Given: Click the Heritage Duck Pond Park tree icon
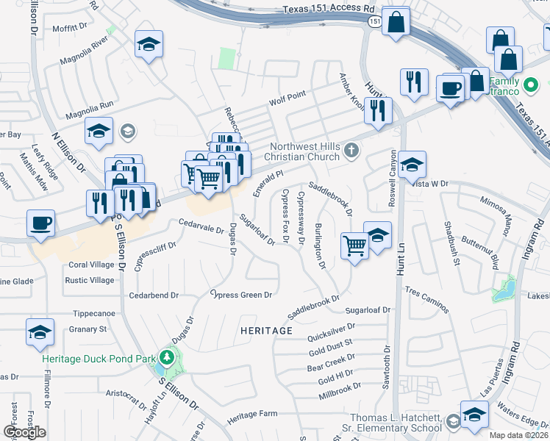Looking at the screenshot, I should click(x=168, y=358).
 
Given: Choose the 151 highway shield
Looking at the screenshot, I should click(x=374, y=22).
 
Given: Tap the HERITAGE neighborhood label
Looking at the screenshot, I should click(x=266, y=331).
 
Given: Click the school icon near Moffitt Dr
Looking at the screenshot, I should click(x=149, y=46).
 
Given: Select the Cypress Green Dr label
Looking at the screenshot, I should click(x=241, y=295).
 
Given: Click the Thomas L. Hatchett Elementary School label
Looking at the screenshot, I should click(x=396, y=422).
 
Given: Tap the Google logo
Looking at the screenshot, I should click(x=24, y=432).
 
